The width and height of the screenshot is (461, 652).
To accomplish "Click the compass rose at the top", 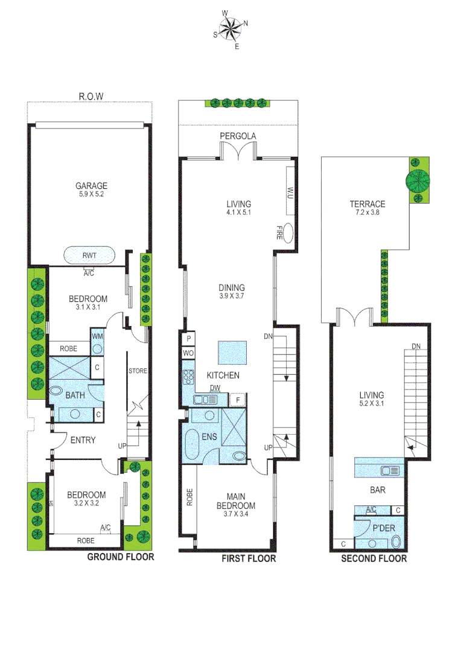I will (230, 28).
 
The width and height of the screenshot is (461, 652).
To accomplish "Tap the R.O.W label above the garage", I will (91, 96).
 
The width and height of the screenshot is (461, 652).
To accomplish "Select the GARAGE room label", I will (91, 186).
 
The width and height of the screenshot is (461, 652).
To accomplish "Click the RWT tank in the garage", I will (89, 255).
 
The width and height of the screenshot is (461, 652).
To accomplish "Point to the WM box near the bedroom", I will (97, 335).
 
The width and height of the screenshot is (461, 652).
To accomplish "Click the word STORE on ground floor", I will (138, 371).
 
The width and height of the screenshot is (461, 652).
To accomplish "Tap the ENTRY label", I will (83, 440).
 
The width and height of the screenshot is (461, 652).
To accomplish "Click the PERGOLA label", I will (238, 136).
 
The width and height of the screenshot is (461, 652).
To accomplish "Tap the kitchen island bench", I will (233, 352).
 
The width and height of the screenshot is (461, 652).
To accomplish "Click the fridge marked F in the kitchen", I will (238, 399).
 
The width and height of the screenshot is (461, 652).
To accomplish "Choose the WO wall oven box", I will (188, 353).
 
